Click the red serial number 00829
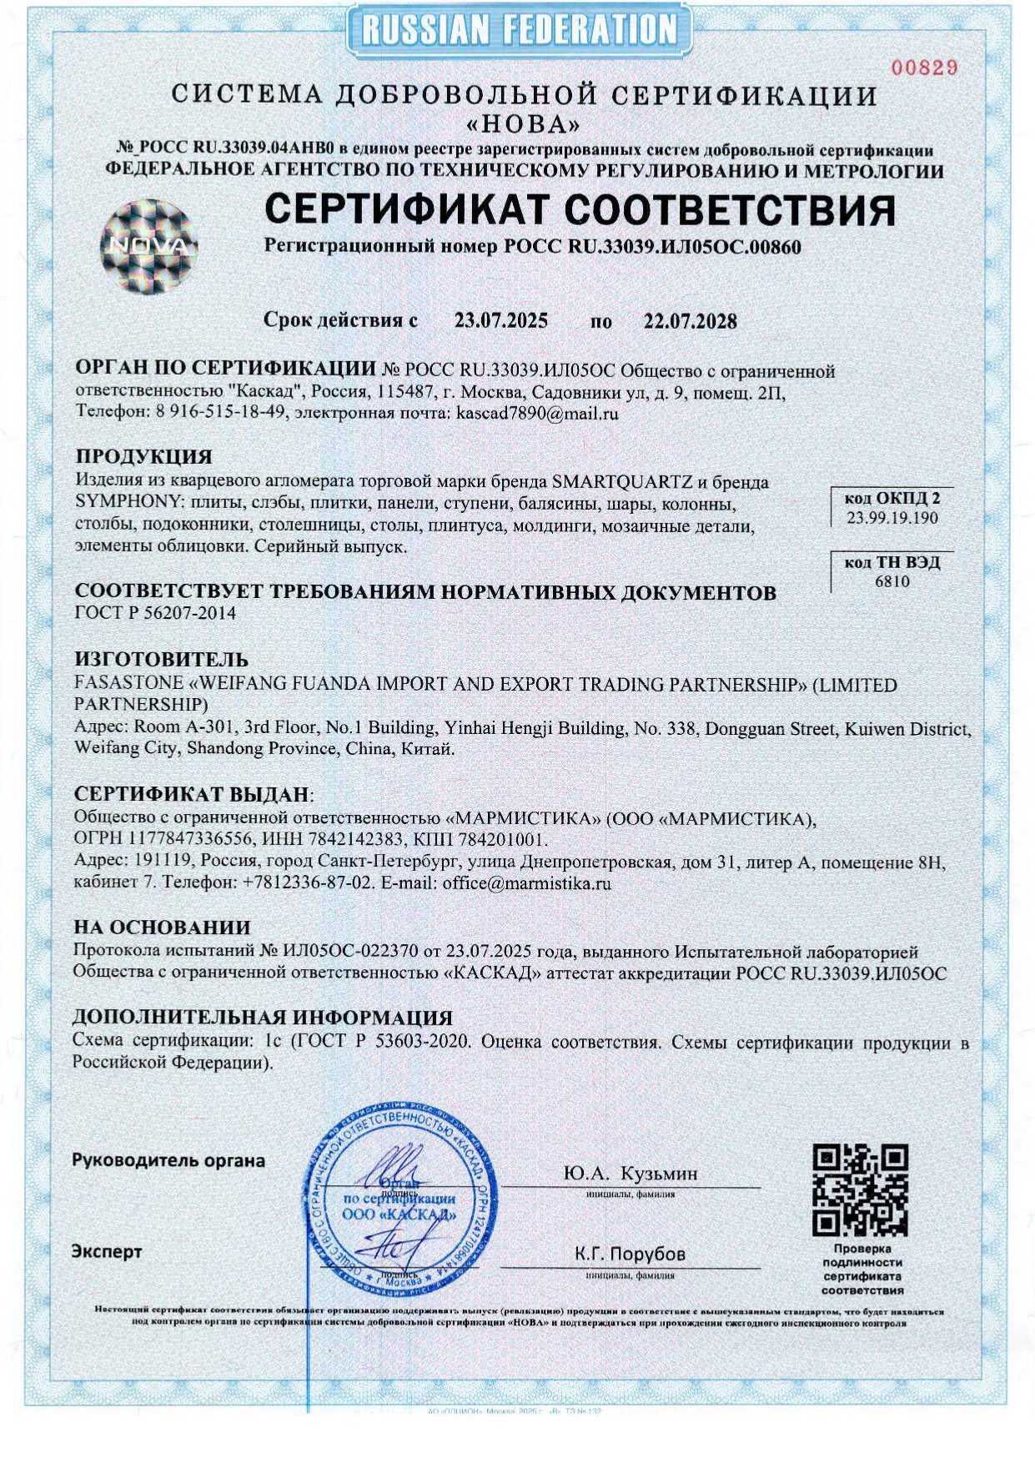923,68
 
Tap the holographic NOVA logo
150,247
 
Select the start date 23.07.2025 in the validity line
500,321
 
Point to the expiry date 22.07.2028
690,321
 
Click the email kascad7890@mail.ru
538,413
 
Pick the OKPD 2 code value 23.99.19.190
892,518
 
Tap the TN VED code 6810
892,581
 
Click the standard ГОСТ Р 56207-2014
155,614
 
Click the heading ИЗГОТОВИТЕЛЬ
161,661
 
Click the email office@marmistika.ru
526,882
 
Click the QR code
860,1190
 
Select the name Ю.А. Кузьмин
631,1174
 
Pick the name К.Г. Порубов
630,1254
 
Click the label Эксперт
107,1252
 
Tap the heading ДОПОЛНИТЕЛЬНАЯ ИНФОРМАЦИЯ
263,1018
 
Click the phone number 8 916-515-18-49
221,413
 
